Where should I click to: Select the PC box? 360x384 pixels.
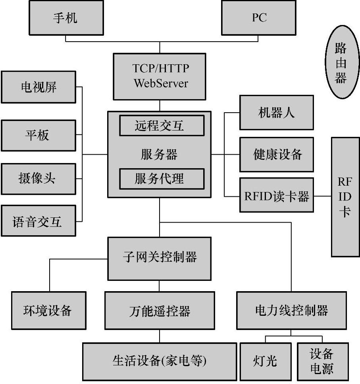coord(259,18)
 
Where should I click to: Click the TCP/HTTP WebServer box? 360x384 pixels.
coord(160,76)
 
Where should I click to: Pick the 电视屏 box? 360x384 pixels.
coord(38,87)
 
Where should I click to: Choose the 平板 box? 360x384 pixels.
coord(38,135)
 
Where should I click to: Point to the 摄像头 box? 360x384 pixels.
coord(38,178)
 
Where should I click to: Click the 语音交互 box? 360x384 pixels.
coord(38,221)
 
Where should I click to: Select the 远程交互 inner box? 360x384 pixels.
coord(162,125)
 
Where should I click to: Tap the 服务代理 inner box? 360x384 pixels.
coord(162,179)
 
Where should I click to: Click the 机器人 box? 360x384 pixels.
coord(276,113)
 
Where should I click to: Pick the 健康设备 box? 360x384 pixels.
coord(276,154)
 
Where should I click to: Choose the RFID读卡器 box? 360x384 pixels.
coord(276,196)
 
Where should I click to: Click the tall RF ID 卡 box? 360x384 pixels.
coord(345,197)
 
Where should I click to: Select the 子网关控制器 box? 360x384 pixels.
coord(160,258)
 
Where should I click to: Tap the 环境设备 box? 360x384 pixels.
coord(48,310)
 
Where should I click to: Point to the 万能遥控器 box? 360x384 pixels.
coord(160,310)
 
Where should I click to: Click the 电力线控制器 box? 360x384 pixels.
coord(291,310)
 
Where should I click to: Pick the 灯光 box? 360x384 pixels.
coord(265,361)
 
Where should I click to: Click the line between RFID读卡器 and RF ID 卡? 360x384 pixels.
coord(322,196)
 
